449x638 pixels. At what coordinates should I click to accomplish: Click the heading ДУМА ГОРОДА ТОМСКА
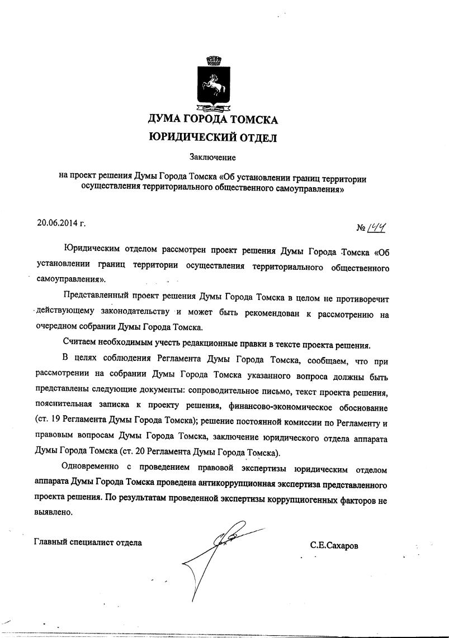tap(212, 119)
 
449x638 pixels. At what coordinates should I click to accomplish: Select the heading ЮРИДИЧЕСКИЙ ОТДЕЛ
tap(212, 137)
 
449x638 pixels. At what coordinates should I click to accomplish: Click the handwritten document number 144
tap(378, 227)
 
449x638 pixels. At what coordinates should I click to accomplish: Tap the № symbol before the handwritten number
tap(361, 228)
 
